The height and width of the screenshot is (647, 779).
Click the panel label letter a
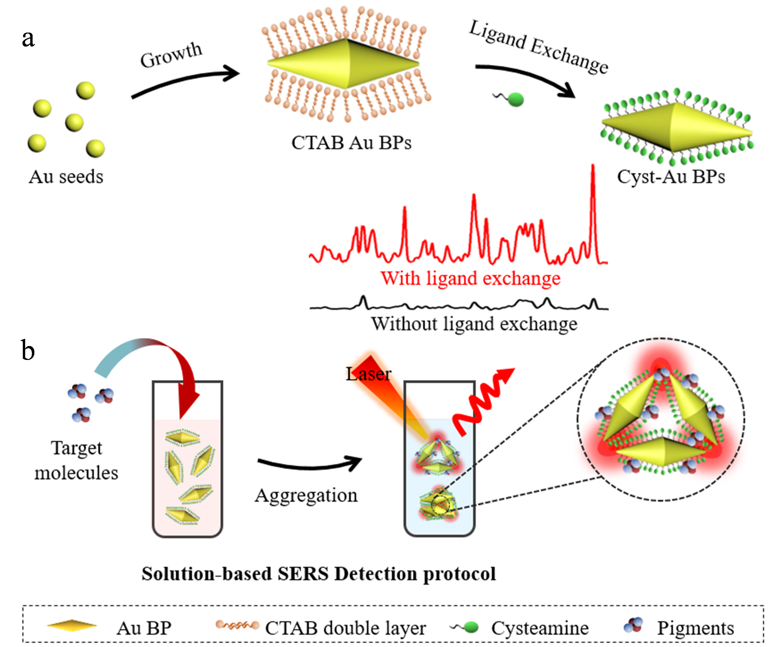click(x=28, y=39)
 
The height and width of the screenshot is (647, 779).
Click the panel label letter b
click(x=28, y=350)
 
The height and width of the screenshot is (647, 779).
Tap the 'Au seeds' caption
click(x=66, y=177)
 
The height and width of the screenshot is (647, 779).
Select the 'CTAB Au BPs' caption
click(x=351, y=143)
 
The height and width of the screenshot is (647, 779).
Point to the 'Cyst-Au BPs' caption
click(x=671, y=177)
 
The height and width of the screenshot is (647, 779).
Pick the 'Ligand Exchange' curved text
click(x=538, y=47)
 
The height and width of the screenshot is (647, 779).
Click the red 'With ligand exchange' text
click(x=470, y=278)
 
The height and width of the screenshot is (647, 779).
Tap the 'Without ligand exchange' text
click(x=474, y=324)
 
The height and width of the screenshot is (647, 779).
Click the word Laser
click(x=368, y=374)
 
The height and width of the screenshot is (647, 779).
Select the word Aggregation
click(x=306, y=495)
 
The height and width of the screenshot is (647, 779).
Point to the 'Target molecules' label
click(x=76, y=460)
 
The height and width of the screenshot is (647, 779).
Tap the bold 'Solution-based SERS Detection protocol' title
click(x=319, y=574)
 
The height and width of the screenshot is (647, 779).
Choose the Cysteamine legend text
click(x=540, y=628)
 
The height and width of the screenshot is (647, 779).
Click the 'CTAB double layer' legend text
click(x=345, y=628)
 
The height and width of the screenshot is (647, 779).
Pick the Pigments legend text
click(x=695, y=628)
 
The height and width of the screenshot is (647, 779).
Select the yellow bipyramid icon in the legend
click(x=72, y=626)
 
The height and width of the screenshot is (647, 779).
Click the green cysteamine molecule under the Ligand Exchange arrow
click(x=514, y=100)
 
